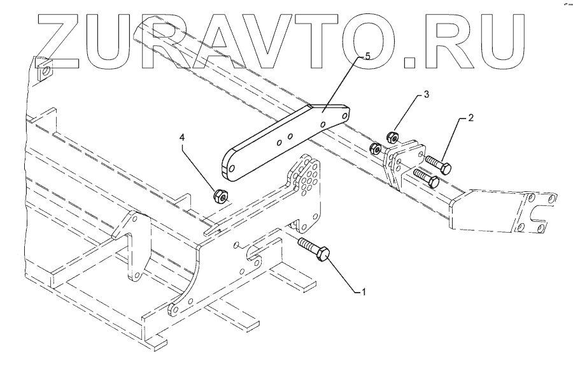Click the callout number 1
tap(364, 292)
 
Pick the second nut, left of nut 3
tap(376, 149)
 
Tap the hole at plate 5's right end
tap(345, 115)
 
